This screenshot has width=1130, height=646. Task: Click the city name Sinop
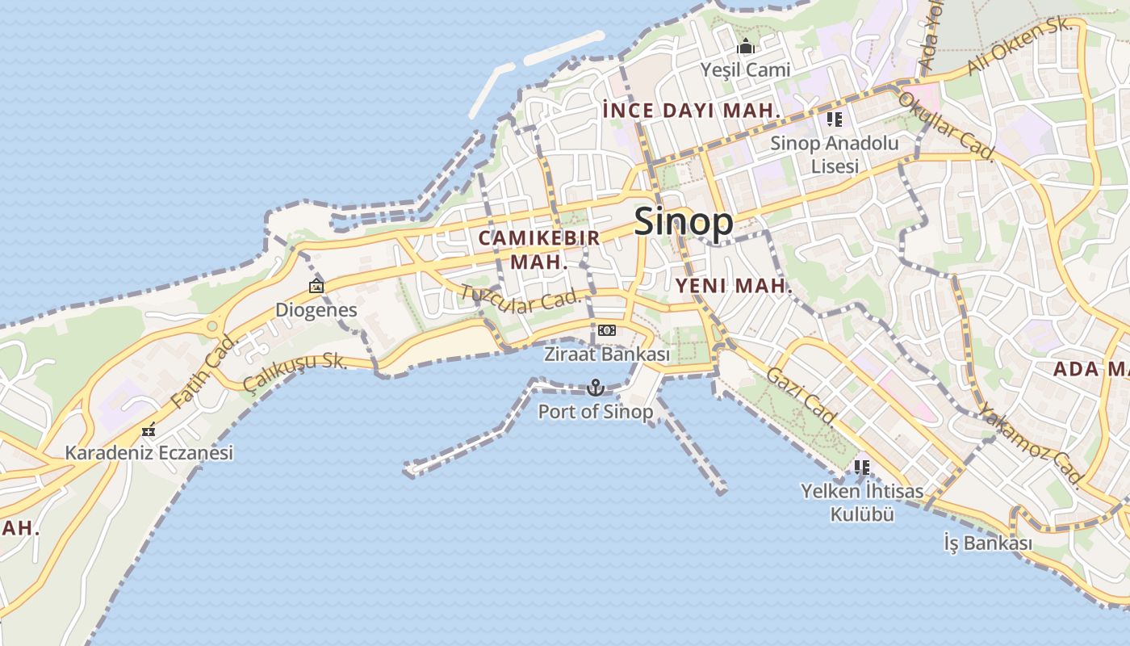pos(684,221)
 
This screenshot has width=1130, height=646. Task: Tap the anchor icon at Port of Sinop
pos(596,388)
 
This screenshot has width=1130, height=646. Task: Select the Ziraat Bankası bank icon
pos(606,330)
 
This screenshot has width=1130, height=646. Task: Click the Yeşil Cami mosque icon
pos(746,46)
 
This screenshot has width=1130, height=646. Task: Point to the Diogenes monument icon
pos(316,285)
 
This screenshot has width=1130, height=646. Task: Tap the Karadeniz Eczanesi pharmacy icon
pos(148,430)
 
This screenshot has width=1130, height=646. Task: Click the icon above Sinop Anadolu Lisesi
pos(834,120)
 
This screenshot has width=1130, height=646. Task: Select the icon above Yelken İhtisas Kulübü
pos(862,467)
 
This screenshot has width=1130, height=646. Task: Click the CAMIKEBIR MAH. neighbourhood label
pos(539,250)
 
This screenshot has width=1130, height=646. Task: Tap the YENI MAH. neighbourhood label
pos(734,286)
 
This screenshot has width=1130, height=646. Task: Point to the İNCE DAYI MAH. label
pos(692,111)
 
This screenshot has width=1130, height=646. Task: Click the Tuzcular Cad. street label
pos(521,300)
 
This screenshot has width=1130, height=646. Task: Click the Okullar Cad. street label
pos(945,122)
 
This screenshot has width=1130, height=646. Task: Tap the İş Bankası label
pos(987,543)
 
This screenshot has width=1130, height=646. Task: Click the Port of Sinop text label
pos(596,412)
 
